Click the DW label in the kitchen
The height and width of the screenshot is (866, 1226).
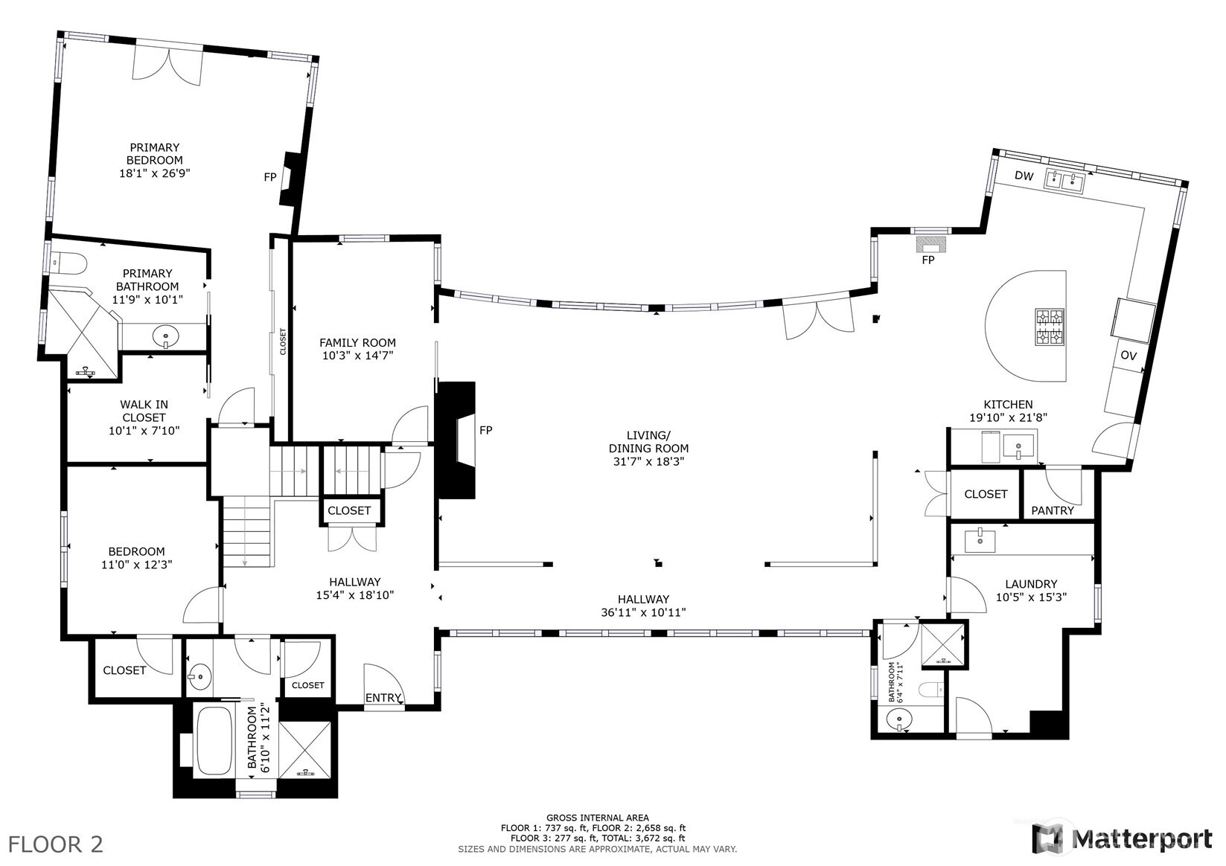[1024, 176]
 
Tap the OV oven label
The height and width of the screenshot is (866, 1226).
[1128, 356]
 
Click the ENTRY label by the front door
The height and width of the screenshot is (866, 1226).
[383, 698]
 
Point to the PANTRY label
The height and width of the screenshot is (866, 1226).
[1053, 510]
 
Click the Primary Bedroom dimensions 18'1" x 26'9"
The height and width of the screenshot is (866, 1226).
[154, 173]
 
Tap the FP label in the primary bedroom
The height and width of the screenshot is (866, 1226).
[270, 177]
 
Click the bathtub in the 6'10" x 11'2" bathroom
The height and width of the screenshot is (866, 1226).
[214, 740]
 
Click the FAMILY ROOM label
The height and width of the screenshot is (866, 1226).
[357, 343]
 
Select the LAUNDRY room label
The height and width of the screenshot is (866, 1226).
[1031, 584]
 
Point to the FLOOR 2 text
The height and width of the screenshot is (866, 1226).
[56, 844]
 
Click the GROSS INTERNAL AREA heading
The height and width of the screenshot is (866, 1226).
[597, 817]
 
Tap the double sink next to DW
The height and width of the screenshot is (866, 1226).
[1064, 179]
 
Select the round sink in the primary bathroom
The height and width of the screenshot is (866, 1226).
[165, 337]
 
